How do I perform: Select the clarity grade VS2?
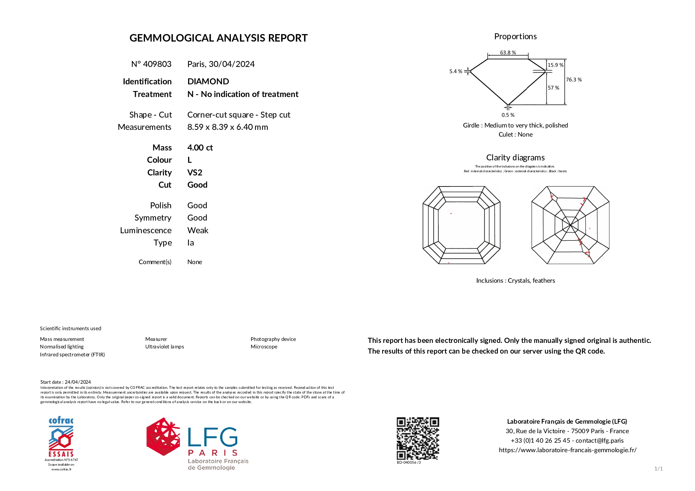195,173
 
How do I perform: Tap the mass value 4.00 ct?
200,148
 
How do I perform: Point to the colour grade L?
190,160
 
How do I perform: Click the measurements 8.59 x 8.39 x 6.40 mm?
227,127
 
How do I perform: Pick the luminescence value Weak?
198,230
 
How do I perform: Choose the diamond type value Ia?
190,243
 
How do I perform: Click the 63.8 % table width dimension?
508,53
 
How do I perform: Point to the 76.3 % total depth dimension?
573,80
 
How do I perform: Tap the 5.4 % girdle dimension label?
455,71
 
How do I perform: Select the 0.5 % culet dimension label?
508,115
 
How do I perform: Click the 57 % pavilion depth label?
553,88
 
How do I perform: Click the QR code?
418,438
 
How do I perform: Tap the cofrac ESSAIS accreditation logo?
61,438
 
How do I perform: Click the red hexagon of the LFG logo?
163,436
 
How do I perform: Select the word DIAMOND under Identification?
208,82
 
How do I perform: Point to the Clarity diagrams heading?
515,158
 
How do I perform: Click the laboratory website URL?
567,450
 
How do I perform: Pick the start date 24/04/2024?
78,382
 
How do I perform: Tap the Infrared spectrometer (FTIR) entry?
72,354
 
